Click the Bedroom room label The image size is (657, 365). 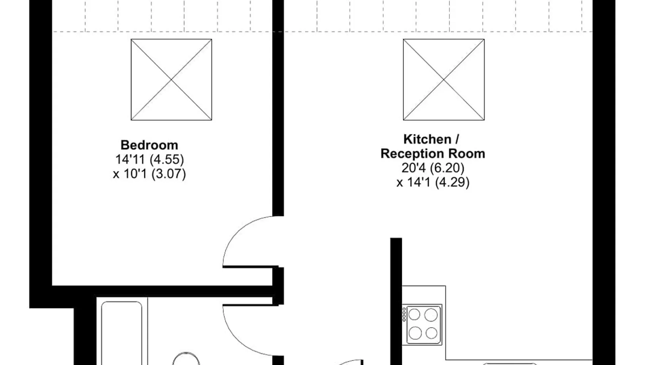149,145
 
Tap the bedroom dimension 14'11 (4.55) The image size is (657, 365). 150,160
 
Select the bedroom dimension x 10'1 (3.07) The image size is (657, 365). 150,174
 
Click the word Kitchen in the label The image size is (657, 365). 427,139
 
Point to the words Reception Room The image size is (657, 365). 433,154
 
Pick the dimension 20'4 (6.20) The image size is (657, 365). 433,168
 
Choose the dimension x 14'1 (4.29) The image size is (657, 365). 433,182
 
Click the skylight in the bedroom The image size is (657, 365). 172,80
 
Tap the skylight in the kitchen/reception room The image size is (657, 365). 444,80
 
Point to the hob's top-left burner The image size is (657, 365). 414,314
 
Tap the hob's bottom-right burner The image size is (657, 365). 431,333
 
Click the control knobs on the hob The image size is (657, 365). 404,315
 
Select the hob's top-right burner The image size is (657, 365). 431,315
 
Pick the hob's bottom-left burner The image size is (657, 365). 415,333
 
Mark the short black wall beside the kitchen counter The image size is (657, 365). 396,301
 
